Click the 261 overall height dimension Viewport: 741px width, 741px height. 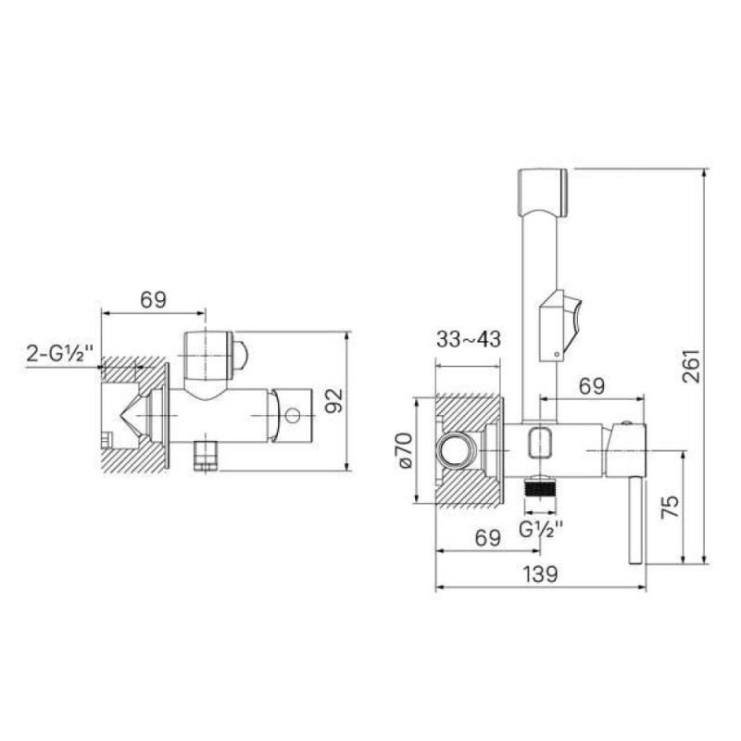(x=691, y=366)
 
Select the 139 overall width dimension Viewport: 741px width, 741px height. (x=540, y=574)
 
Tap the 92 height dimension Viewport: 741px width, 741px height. (x=335, y=401)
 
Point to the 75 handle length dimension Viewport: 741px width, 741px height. (x=670, y=507)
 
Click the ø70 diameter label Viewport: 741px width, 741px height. (x=406, y=450)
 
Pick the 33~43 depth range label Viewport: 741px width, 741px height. (x=469, y=339)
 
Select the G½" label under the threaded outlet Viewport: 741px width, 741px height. (x=541, y=529)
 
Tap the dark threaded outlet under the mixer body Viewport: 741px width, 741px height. (x=541, y=488)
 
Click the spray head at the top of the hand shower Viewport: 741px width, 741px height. (x=543, y=193)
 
